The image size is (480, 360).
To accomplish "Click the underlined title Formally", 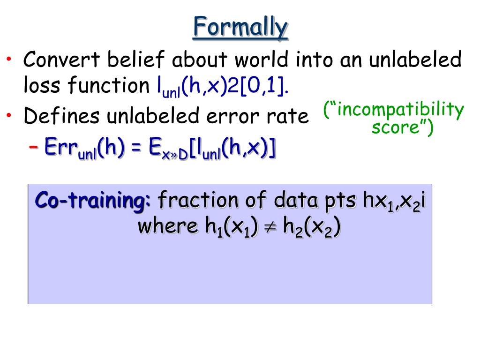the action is (x=240, y=28).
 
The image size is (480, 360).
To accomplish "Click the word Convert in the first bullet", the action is (x=61, y=59).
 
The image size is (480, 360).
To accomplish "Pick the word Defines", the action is (x=61, y=116).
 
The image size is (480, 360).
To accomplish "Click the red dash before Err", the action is (x=33, y=147).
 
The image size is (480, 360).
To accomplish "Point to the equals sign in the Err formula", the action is (x=136, y=148).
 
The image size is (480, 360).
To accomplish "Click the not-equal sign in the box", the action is (x=270, y=227).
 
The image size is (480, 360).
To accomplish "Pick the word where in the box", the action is (x=168, y=226).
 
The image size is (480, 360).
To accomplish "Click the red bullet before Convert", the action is (x=9, y=59).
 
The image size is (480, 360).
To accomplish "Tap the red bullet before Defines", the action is (x=9, y=115).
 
